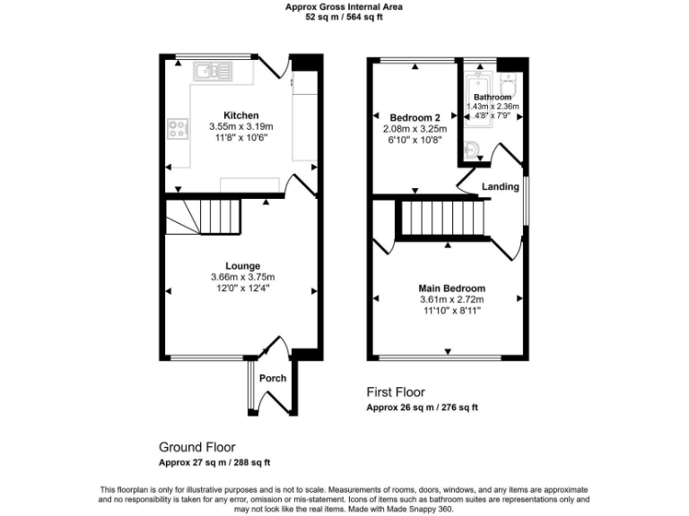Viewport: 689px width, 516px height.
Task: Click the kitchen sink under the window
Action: pyautogui.click(x=213, y=69)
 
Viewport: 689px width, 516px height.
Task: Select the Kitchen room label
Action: pyautogui.click(x=240, y=116)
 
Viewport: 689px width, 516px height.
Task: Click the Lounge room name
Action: pyautogui.click(x=242, y=266)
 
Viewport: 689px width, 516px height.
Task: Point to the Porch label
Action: pyautogui.click(x=273, y=378)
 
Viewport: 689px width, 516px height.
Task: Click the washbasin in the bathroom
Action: pyautogui.click(x=473, y=149)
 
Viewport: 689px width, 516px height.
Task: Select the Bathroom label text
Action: pyautogui.click(x=492, y=97)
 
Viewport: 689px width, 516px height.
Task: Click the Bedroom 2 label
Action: pyautogui.click(x=414, y=117)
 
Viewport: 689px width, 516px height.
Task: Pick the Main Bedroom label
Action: pyautogui.click(x=452, y=288)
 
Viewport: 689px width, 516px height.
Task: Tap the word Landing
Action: pyautogui.click(x=500, y=186)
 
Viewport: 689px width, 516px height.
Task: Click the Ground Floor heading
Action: pyautogui.click(x=197, y=446)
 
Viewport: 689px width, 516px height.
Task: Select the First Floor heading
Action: pyautogui.click(x=396, y=392)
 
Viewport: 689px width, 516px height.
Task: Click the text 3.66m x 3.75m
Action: pyautogui.click(x=242, y=277)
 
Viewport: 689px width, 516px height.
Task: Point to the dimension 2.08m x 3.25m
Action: pyautogui.click(x=414, y=128)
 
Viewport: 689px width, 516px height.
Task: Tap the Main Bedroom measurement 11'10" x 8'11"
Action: pyautogui.click(x=452, y=310)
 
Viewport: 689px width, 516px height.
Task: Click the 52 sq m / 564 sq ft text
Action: pyautogui.click(x=344, y=17)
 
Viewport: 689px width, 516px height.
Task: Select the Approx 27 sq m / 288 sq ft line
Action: pyautogui.click(x=214, y=462)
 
